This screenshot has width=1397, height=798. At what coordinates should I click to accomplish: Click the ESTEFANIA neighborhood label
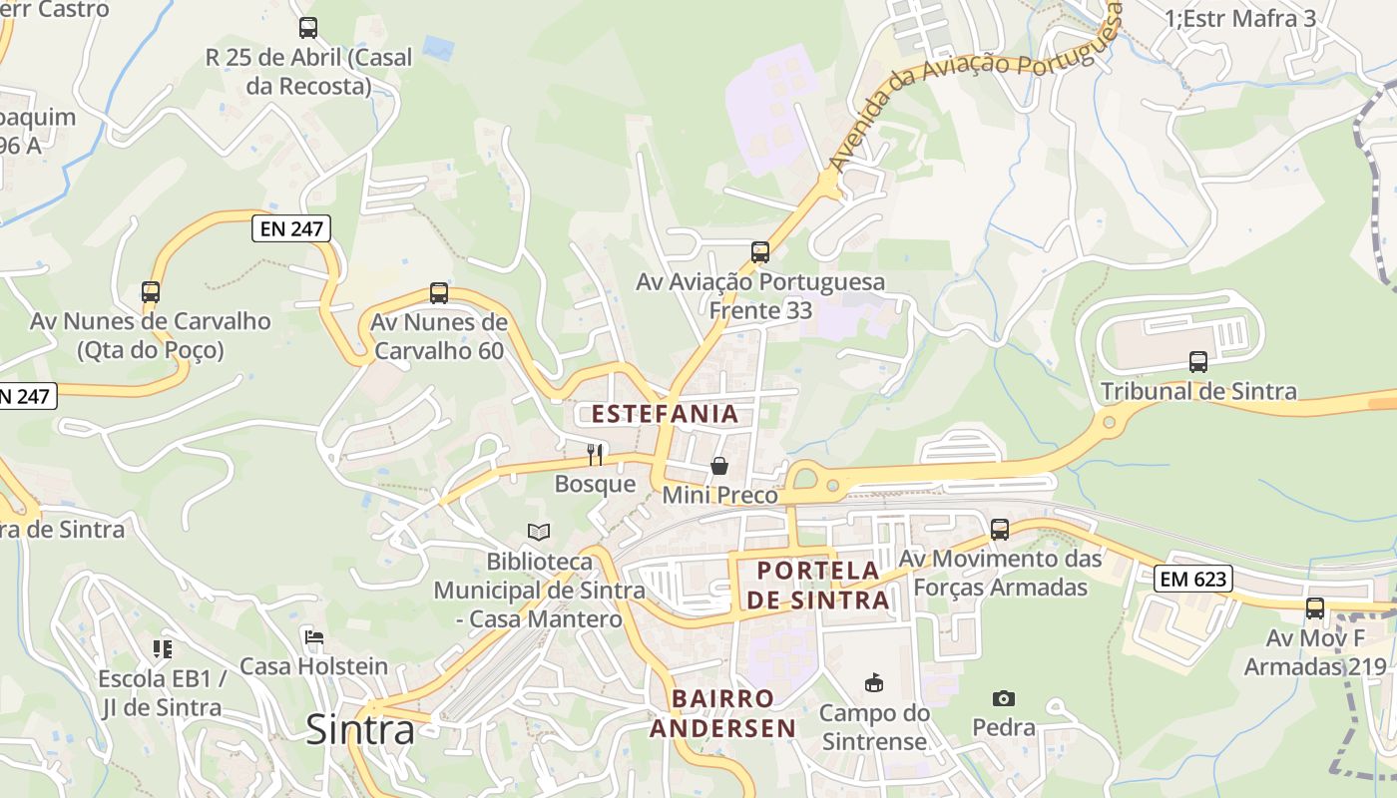(x=665, y=414)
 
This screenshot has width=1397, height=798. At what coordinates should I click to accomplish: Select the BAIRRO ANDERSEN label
(x=723, y=713)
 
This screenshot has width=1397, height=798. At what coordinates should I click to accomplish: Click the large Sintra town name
(x=360, y=729)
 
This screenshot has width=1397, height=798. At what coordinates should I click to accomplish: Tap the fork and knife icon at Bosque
(x=595, y=455)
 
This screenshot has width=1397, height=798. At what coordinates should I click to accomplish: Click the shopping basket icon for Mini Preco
(x=718, y=466)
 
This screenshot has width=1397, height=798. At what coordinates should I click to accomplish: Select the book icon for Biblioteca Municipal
(x=539, y=532)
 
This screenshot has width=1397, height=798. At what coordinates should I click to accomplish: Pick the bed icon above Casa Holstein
(x=314, y=636)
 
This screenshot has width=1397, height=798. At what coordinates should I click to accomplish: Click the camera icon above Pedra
(x=1004, y=698)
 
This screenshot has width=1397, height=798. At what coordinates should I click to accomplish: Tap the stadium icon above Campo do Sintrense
(x=874, y=682)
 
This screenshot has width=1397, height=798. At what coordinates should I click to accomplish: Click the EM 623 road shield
(x=1193, y=578)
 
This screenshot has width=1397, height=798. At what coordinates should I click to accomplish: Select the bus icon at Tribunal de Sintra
(x=1198, y=362)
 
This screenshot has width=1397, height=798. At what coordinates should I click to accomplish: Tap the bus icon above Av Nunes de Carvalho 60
(x=439, y=293)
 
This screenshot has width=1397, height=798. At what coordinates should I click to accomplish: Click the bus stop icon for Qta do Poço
(x=151, y=292)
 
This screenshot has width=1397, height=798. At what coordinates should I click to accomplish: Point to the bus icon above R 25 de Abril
(x=308, y=28)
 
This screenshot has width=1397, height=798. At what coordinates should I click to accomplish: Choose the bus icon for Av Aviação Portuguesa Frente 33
(x=760, y=252)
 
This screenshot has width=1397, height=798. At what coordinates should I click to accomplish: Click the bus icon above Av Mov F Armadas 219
(x=1315, y=607)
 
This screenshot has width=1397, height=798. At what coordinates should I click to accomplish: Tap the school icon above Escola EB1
(x=163, y=649)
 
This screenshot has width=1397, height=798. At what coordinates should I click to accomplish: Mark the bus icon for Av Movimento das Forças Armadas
(x=1000, y=529)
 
